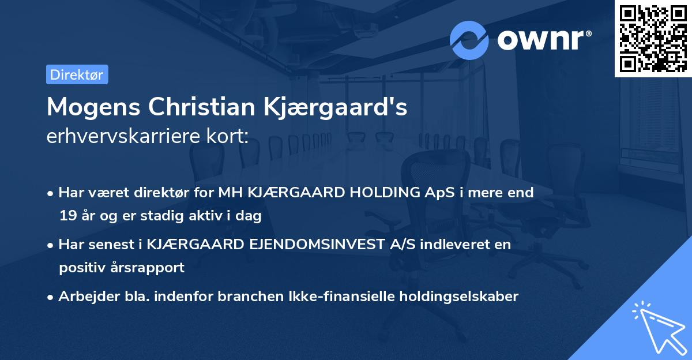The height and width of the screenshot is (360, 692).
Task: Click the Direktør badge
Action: pyautogui.click(x=77, y=74)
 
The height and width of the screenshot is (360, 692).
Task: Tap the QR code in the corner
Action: pyautogui.click(x=653, y=39)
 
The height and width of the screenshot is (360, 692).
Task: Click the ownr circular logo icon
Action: pyautogui.click(x=469, y=40)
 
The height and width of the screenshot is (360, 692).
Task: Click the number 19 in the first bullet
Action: pyautogui.click(x=67, y=216)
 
